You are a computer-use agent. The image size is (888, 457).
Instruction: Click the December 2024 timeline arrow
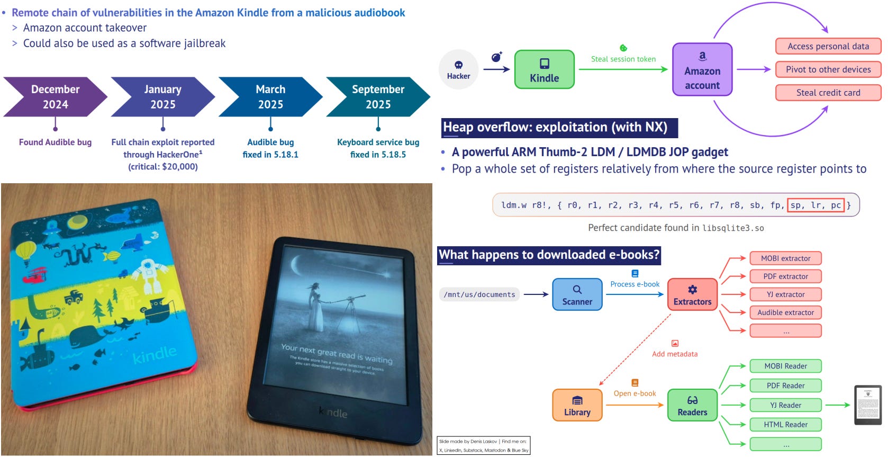click(55, 97)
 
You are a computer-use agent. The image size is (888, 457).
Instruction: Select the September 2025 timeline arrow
click(378, 97)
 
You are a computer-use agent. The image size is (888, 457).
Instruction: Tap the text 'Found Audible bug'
click(55, 142)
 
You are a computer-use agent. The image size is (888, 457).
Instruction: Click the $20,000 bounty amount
click(179, 166)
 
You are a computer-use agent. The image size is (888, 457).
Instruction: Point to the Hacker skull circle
click(458, 69)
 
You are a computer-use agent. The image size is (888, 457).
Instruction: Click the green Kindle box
click(544, 69)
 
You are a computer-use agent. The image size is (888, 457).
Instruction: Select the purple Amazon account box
click(702, 69)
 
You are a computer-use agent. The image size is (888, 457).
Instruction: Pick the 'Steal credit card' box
click(828, 93)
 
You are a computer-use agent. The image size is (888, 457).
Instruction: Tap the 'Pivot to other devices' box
click(828, 69)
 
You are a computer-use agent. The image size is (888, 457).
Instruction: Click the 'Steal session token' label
click(623, 59)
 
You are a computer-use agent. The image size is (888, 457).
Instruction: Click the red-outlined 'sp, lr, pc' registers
click(815, 205)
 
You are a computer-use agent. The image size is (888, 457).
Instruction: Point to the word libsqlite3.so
click(733, 228)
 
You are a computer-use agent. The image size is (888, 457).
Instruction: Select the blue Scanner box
click(577, 294)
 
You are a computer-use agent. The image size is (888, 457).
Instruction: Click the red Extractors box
click(692, 294)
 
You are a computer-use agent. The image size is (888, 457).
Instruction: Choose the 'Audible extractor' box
click(785, 312)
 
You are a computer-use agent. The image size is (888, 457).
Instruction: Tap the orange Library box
click(577, 405)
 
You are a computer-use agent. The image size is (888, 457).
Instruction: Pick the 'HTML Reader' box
click(785, 425)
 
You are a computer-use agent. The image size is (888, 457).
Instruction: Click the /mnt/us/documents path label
click(479, 294)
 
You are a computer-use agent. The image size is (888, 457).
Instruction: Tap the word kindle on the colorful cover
click(155, 355)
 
